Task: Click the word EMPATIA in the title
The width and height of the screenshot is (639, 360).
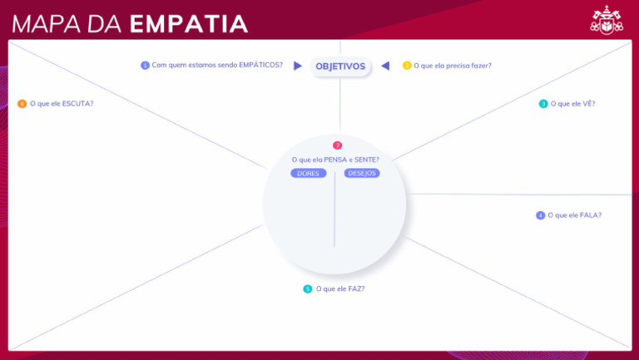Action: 189,22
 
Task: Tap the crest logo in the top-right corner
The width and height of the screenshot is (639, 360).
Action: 607,21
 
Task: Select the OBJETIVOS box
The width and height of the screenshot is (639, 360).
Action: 340,67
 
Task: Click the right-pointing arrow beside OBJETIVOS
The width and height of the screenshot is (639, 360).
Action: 298,66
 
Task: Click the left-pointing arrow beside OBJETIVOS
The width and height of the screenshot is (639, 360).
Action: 384,66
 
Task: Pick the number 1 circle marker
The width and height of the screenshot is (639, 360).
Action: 146,65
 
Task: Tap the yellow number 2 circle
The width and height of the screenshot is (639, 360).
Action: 407,66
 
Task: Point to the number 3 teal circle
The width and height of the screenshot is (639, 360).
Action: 543,104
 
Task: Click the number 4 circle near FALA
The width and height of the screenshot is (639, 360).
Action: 540,215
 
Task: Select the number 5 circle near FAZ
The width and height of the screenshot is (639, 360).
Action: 308,289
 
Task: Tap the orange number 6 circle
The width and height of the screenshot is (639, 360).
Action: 22,104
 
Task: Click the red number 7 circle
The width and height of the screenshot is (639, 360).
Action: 337,145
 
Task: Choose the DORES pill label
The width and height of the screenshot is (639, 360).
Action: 308,174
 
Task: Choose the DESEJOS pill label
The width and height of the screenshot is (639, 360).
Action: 362,174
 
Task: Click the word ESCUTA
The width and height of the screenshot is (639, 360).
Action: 77,104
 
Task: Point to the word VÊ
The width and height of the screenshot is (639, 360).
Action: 588,104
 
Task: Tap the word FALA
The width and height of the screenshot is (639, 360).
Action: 589,215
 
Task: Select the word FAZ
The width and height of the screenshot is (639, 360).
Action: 354,289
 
